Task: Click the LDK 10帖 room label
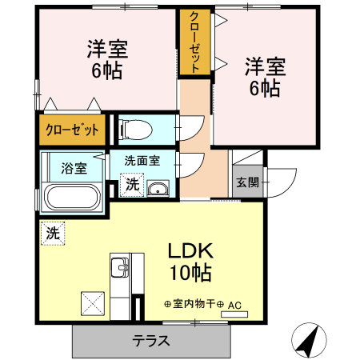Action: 189,261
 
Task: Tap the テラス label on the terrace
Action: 151,340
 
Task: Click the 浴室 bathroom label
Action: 74,169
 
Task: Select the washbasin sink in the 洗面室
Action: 158,189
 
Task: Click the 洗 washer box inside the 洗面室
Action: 132,185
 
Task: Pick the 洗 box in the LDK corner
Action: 52,234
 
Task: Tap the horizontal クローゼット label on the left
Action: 72,129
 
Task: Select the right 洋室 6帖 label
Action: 262,76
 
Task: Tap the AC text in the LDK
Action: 234,305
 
